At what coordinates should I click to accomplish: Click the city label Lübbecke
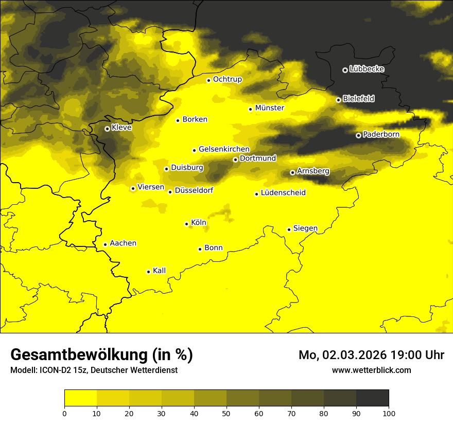pyautogui.click(x=367, y=69)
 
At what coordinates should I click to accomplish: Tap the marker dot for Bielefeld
pyautogui.click(x=338, y=100)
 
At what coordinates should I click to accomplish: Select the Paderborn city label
pyautogui.click(x=381, y=135)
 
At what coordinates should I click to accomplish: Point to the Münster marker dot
pyautogui.click(x=250, y=109)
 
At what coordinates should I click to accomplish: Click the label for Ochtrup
pyautogui.click(x=227, y=79)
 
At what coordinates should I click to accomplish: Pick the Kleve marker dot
pyautogui.click(x=107, y=129)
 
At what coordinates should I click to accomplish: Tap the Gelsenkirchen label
pyautogui.click(x=224, y=149)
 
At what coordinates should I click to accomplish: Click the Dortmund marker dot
pyautogui.click(x=235, y=159)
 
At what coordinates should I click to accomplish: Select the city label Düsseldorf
pyautogui.click(x=194, y=191)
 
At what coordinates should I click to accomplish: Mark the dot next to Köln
pyautogui.click(x=186, y=224)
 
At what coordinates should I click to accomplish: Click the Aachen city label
pyautogui.click(x=123, y=243)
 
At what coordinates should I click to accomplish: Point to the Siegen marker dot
pyautogui.click(x=289, y=229)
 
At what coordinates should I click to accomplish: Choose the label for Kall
pyautogui.click(x=159, y=271)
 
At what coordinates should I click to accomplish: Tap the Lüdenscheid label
pyautogui.click(x=283, y=193)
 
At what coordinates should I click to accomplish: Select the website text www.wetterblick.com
pyautogui.click(x=371, y=370)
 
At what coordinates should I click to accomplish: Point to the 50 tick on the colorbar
pyautogui.click(x=226, y=413)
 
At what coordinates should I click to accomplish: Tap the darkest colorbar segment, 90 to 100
pyautogui.click(x=372, y=398)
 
